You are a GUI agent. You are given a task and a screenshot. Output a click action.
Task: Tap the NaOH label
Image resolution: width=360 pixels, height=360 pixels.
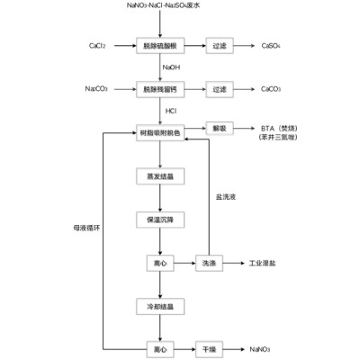click(x=170, y=67)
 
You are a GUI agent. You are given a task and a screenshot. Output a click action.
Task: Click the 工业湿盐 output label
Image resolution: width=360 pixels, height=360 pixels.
click(x=264, y=263)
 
